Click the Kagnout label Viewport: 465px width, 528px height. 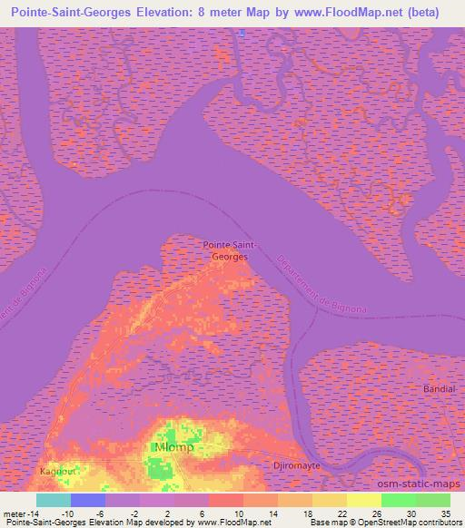(58, 472)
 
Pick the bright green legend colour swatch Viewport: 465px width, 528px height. (398, 500)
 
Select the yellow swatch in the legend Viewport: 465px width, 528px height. (364, 500)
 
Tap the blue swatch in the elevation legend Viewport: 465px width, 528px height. (88, 500)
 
